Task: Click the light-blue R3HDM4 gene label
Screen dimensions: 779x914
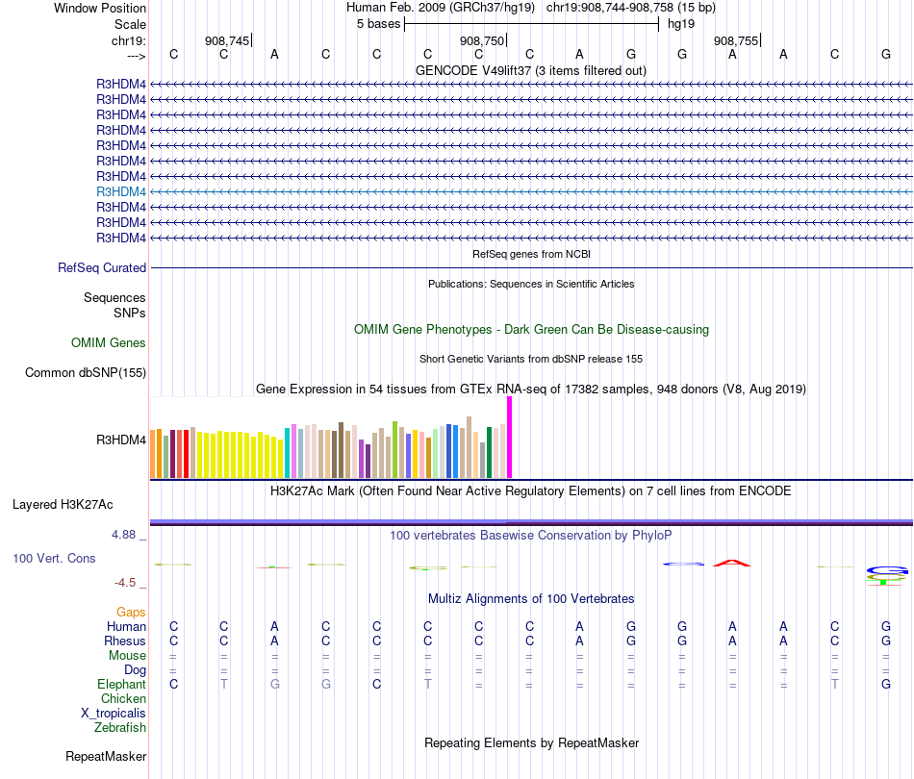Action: tap(121, 191)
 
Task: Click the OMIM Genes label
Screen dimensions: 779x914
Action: tap(109, 343)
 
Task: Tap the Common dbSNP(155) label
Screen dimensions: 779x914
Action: tap(86, 373)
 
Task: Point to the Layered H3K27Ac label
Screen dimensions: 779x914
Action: tap(63, 504)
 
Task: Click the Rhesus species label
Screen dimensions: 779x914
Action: tap(126, 641)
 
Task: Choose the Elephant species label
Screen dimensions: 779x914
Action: tap(121, 685)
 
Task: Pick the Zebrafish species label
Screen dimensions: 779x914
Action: tap(120, 728)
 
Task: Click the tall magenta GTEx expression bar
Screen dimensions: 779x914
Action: tap(509, 438)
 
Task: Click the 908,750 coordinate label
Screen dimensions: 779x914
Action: tap(481, 41)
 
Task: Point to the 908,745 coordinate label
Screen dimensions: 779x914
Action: tap(227, 41)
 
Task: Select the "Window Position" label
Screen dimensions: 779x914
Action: tap(100, 8)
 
